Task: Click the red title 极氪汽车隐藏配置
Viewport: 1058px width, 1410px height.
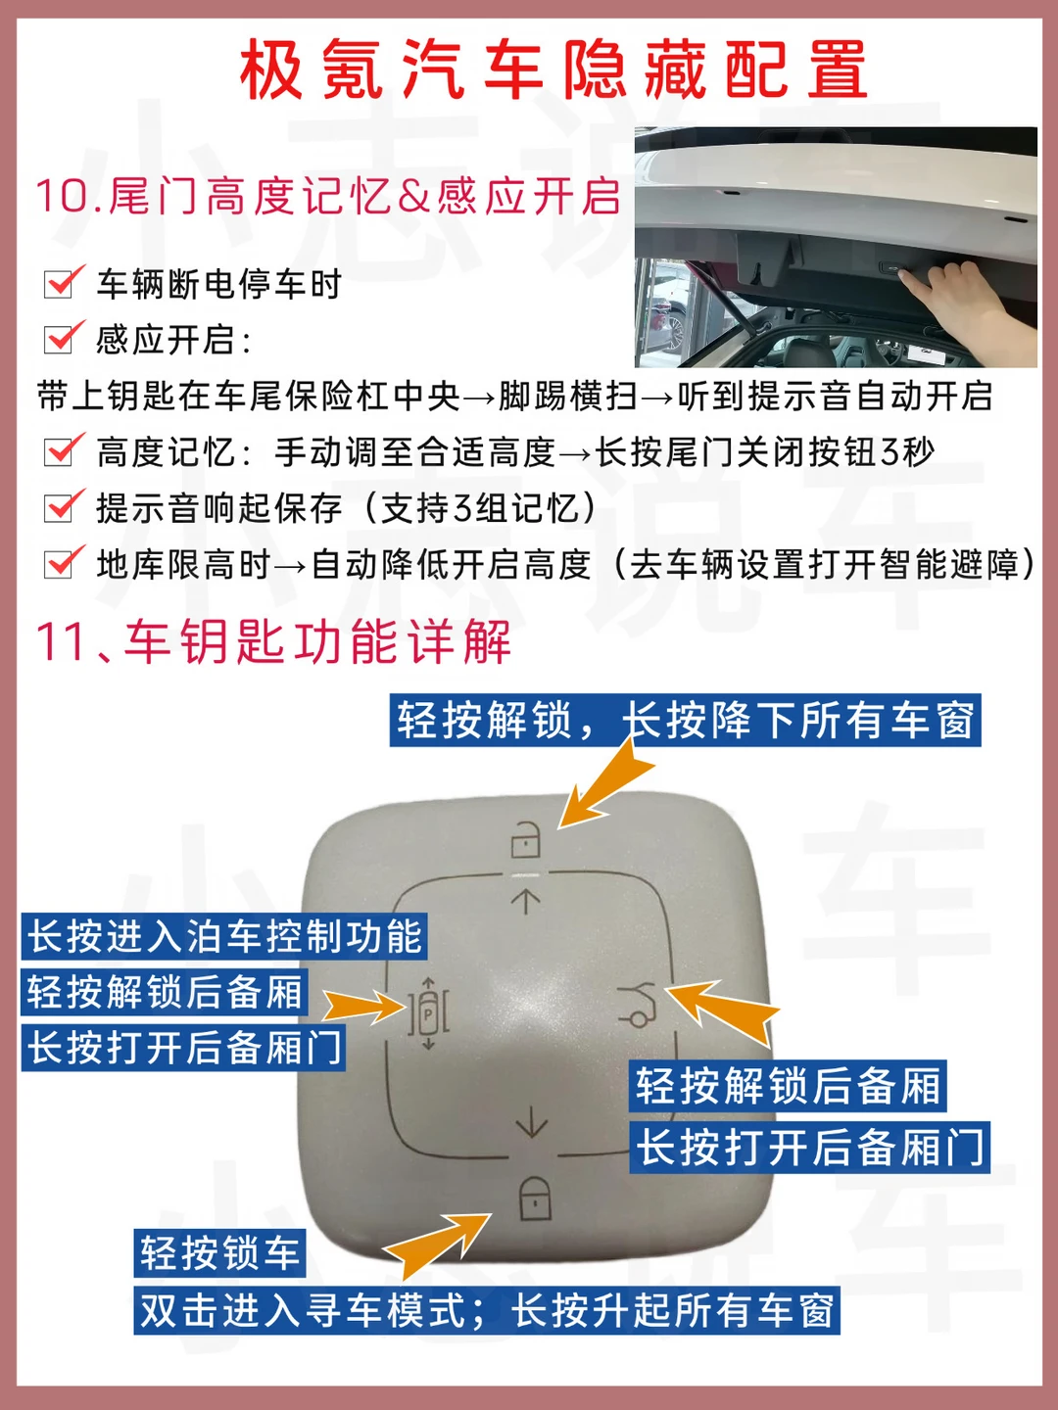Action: tap(553, 70)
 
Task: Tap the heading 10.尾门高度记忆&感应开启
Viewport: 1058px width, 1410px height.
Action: tap(328, 196)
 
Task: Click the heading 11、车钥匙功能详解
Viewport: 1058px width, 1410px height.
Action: tap(273, 641)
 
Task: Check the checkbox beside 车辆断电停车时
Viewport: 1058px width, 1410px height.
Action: tap(62, 283)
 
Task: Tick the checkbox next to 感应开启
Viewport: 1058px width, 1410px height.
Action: tap(62, 339)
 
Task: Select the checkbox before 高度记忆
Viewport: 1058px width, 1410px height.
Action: tap(62, 451)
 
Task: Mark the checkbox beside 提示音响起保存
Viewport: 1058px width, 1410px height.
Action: tap(62, 507)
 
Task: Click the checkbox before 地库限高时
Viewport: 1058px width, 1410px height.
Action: tap(62, 563)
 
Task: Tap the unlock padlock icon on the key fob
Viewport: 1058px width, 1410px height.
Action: tap(525, 839)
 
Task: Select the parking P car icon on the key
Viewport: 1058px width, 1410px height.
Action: tap(428, 1014)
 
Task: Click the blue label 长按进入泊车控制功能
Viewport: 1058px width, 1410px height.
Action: tap(224, 936)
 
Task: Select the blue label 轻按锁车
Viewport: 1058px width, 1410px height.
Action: tap(219, 1253)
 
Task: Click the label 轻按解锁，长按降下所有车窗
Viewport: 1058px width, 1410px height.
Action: tap(686, 720)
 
